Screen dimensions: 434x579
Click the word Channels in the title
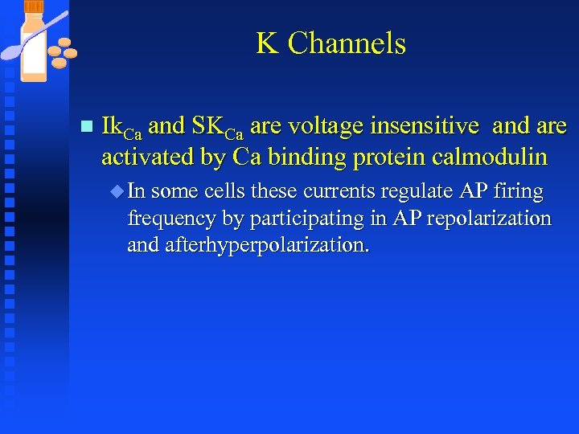[x=347, y=43]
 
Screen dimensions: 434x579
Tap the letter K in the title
[x=267, y=43]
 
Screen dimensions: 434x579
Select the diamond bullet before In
[x=119, y=192]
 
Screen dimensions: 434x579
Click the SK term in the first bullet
[x=207, y=126]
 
